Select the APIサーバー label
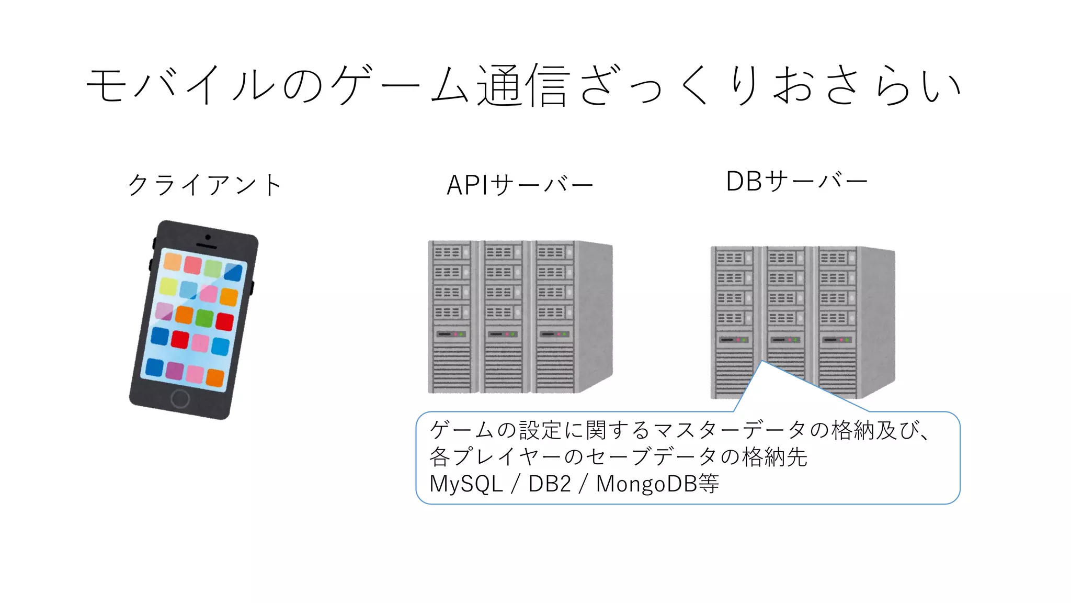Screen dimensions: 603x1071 point(520,185)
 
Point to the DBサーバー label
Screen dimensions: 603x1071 point(796,182)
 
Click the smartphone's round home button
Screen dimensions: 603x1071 point(180,398)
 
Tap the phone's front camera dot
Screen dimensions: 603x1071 point(208,238)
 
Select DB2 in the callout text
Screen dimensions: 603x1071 point(550,484)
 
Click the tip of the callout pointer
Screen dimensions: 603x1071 point(762,361)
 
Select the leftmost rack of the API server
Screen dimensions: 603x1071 point(453,317)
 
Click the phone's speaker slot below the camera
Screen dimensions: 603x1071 point(206,246)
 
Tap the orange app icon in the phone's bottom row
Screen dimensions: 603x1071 point(215,377)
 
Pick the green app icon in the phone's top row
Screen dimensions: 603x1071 point(213,268)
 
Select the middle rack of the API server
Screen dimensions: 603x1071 point(504,317)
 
